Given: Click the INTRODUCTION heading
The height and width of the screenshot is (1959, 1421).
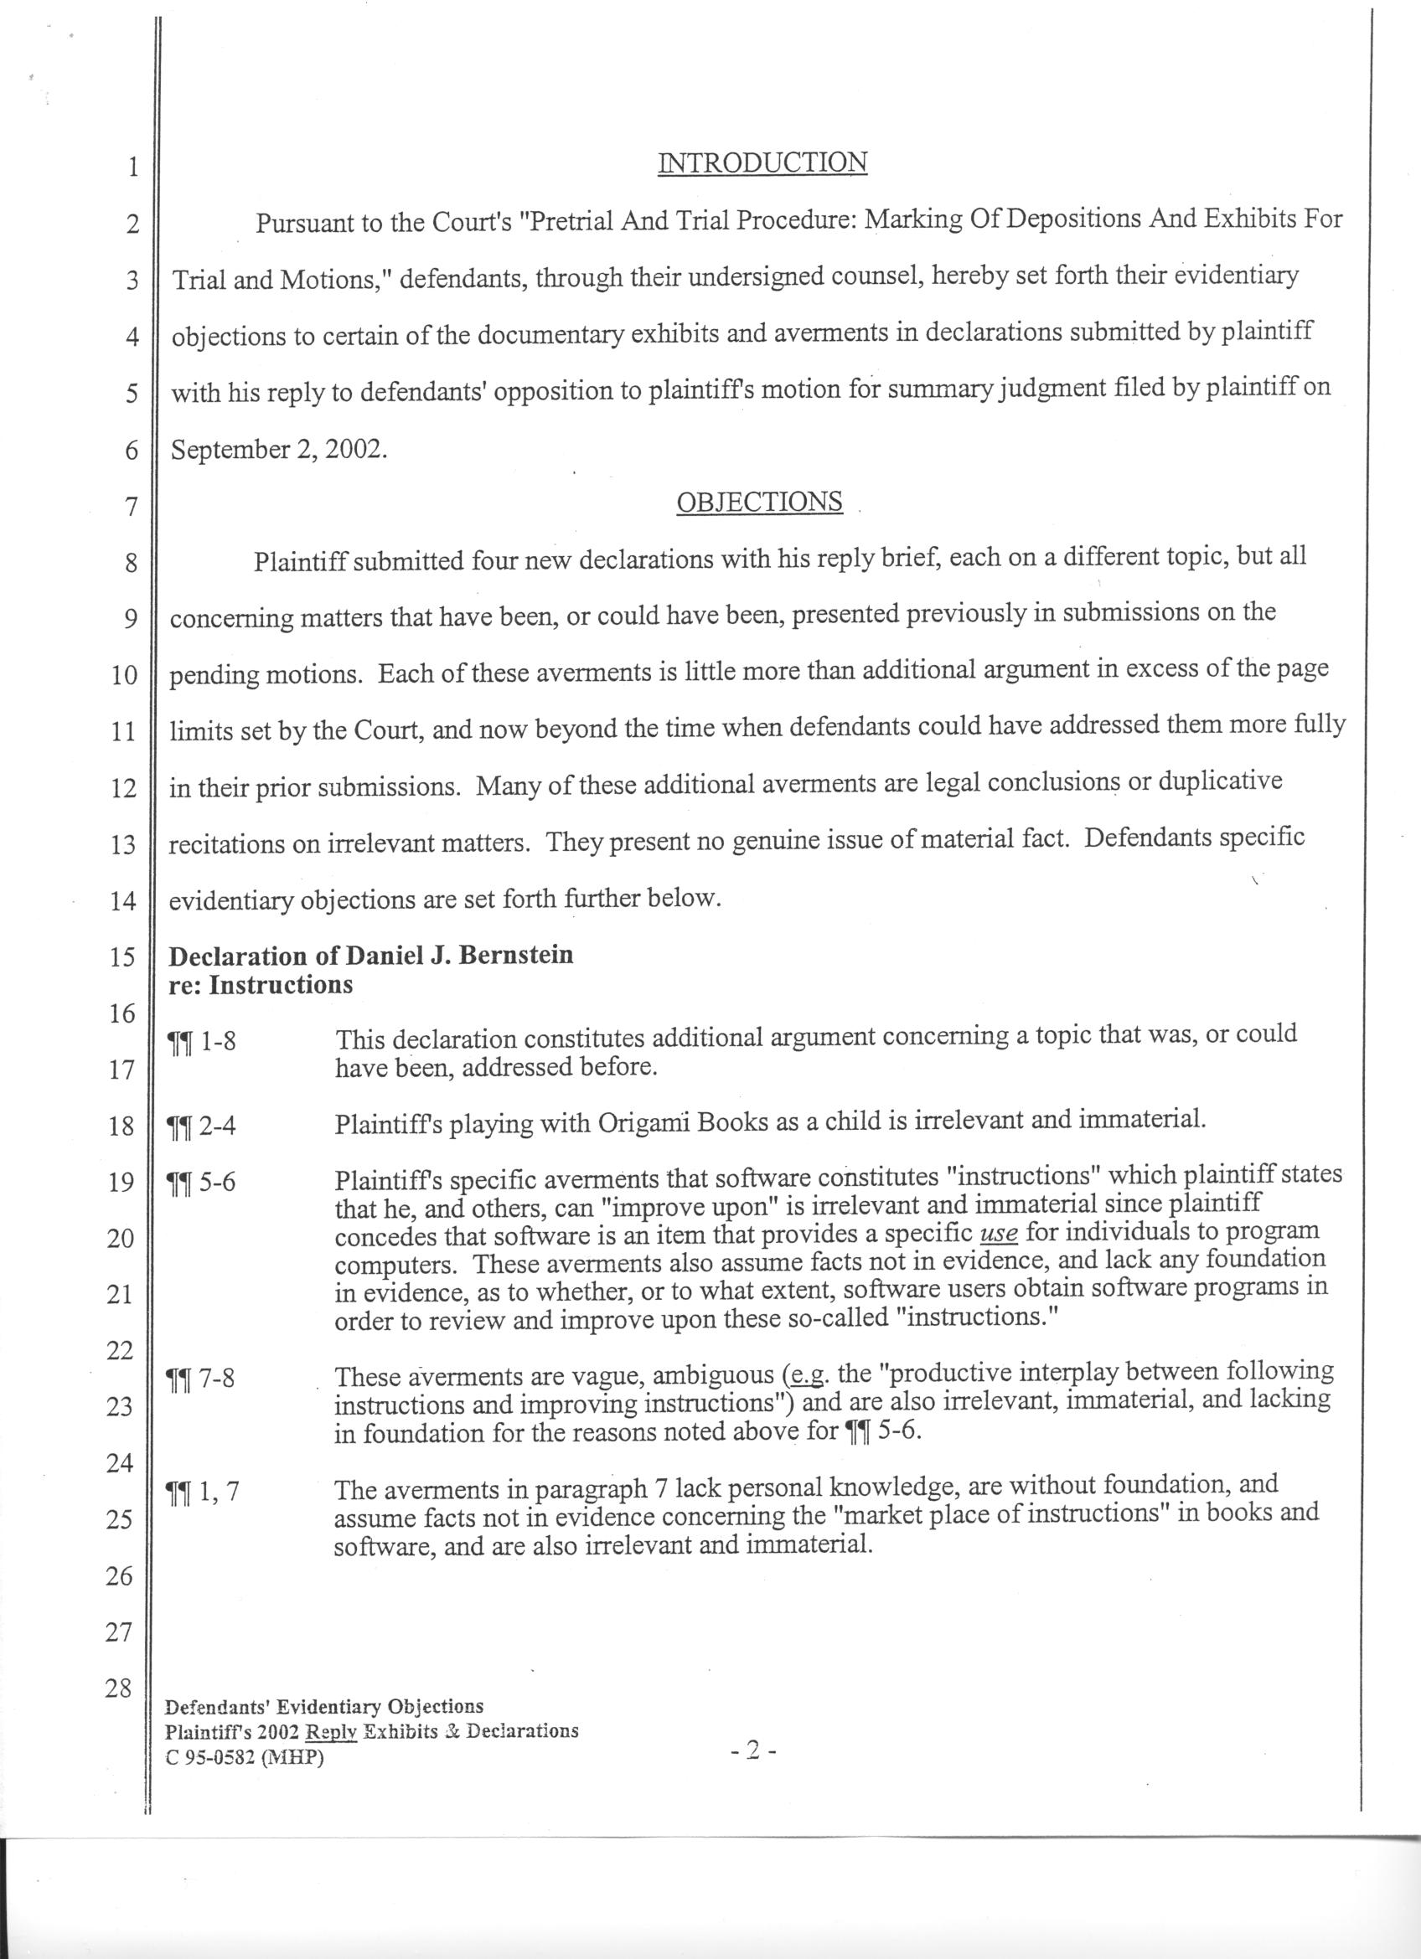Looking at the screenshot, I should (x=762, y=162).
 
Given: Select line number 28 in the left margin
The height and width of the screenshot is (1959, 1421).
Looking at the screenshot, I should (x=118, y=1687).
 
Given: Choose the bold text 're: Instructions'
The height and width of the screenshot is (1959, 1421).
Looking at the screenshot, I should (x=261, y=985).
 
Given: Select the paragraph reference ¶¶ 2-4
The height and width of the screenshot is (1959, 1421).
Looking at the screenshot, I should (x=200, y=1126).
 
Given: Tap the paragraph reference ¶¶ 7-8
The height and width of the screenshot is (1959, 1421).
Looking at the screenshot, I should (x=200, y=1379).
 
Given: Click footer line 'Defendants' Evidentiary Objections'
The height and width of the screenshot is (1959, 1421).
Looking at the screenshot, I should (x=324, y=1708).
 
